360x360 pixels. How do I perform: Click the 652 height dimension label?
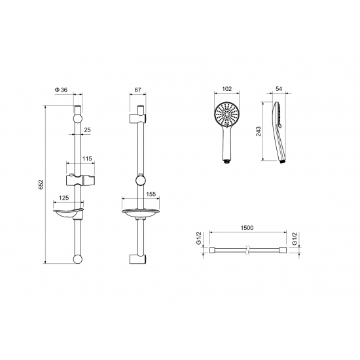(x=41, y=185)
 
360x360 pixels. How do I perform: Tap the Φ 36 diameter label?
(x=61, y=90)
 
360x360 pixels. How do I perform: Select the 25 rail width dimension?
(x=87, y=130)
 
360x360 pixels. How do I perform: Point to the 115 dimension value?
(x=87, y=158)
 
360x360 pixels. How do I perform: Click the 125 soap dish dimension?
(x=64, y=198)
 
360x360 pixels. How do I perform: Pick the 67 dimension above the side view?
(x=137, y=90)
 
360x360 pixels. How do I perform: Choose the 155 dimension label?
(x=151, y=194)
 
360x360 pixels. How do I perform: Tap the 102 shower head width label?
(x=227, y=89)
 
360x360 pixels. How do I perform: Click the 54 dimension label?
(x=279, y=89)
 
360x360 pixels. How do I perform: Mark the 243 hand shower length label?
(x=259, y=132)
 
